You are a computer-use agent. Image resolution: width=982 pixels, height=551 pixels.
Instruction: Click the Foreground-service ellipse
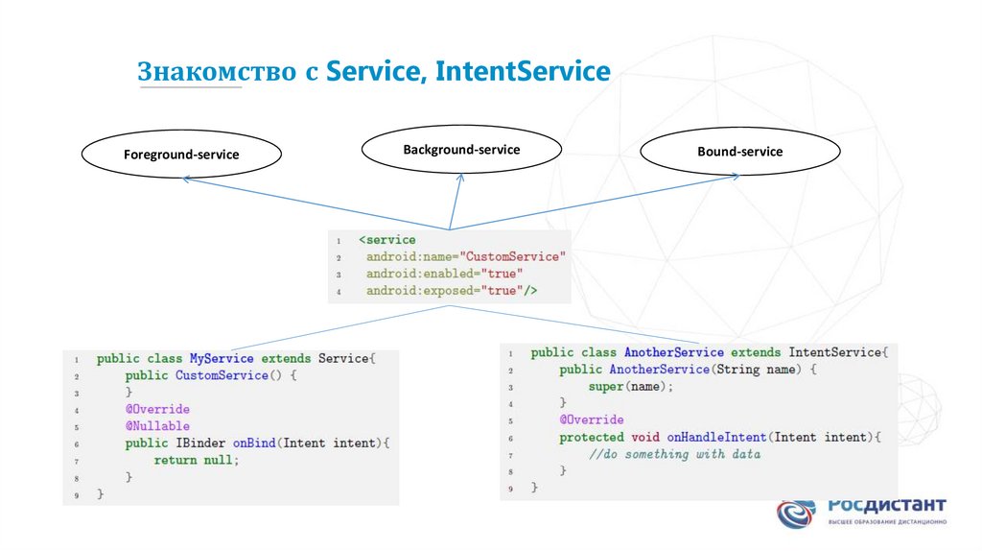tap(181, 154)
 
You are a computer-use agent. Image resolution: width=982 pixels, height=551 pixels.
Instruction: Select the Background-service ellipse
tap(461, 150)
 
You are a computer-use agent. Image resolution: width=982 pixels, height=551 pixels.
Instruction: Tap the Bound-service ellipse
tap(739, 152)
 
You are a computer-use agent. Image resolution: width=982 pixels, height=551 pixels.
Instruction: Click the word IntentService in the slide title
tap(523, 72)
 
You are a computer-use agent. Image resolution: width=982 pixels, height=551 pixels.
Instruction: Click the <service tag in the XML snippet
tap(387, 240)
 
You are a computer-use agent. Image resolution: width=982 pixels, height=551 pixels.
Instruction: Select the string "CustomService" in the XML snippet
tap(513, 256)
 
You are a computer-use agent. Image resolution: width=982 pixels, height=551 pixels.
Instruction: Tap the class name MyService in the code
tap(222, 358)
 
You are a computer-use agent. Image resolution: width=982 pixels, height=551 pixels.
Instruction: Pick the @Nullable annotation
tap(157, 426)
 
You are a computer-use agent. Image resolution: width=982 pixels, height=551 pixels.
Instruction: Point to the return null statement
tap(195, 461)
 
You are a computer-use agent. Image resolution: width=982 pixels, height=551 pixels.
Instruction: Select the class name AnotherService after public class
tap(673, 352)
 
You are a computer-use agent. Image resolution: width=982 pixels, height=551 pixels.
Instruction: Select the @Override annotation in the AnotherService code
tap(592, 419)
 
